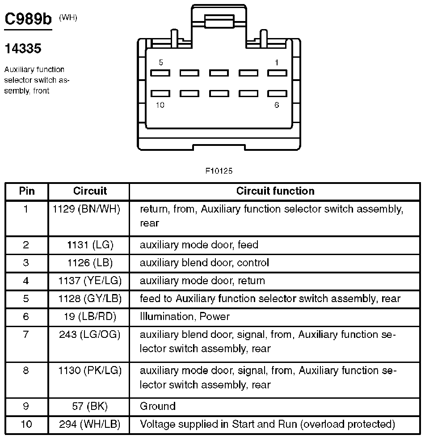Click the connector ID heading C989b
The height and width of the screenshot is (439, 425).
(28, 20)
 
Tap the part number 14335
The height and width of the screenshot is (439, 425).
(23, 49)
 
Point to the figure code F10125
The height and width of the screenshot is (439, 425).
(219, 171)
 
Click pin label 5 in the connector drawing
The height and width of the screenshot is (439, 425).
(161, 63)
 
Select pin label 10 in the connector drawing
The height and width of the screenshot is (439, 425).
(160, 105)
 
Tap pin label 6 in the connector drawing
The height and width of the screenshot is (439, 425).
(277, 105)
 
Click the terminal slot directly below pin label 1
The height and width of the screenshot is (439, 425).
(277, 72)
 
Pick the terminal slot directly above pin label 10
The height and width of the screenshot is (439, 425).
(160, 94)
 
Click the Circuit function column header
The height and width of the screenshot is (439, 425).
(275, 191)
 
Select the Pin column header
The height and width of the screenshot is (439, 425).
(27, 191)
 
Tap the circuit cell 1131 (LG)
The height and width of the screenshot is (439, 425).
(89, 245)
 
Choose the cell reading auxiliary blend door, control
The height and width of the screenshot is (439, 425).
(204, 263)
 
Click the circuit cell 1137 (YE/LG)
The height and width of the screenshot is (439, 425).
(89, 281)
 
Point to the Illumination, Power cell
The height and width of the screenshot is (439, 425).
(185, 316)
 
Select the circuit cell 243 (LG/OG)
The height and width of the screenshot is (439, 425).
(89, 334)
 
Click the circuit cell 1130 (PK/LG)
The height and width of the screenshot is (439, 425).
(89, 371)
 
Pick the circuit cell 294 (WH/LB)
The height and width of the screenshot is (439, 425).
(89, 424)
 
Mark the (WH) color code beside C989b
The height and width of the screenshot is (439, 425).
(68, 18)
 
